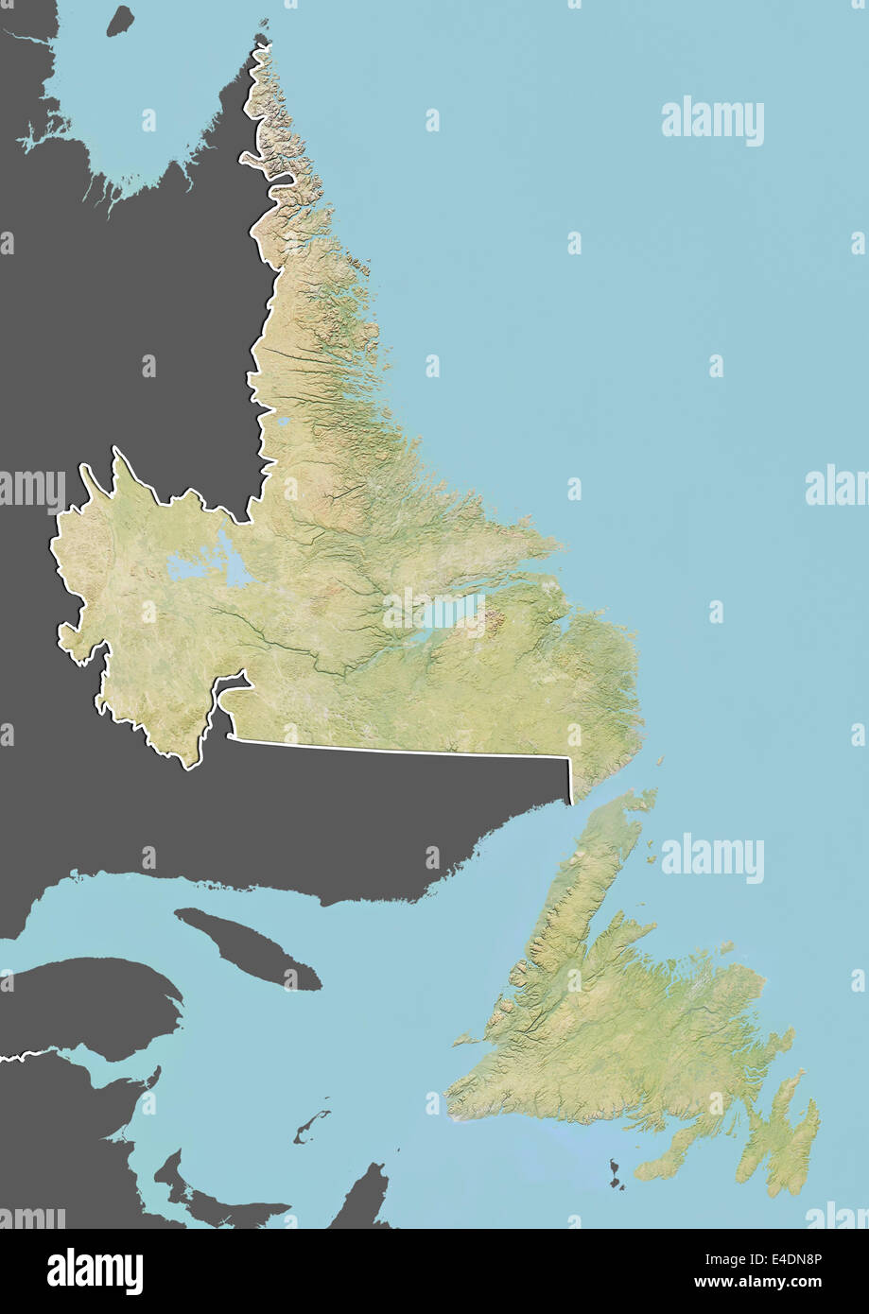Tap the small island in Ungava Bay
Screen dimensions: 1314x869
click(x=119, y=21)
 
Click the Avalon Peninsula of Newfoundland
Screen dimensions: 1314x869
click(x=780, y=1134)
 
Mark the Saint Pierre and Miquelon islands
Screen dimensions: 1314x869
click(x=617, y=1175)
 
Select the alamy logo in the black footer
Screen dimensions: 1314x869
click(x=95, y=1271)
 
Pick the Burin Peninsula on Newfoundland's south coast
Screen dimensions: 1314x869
click(x=667, y=1159)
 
